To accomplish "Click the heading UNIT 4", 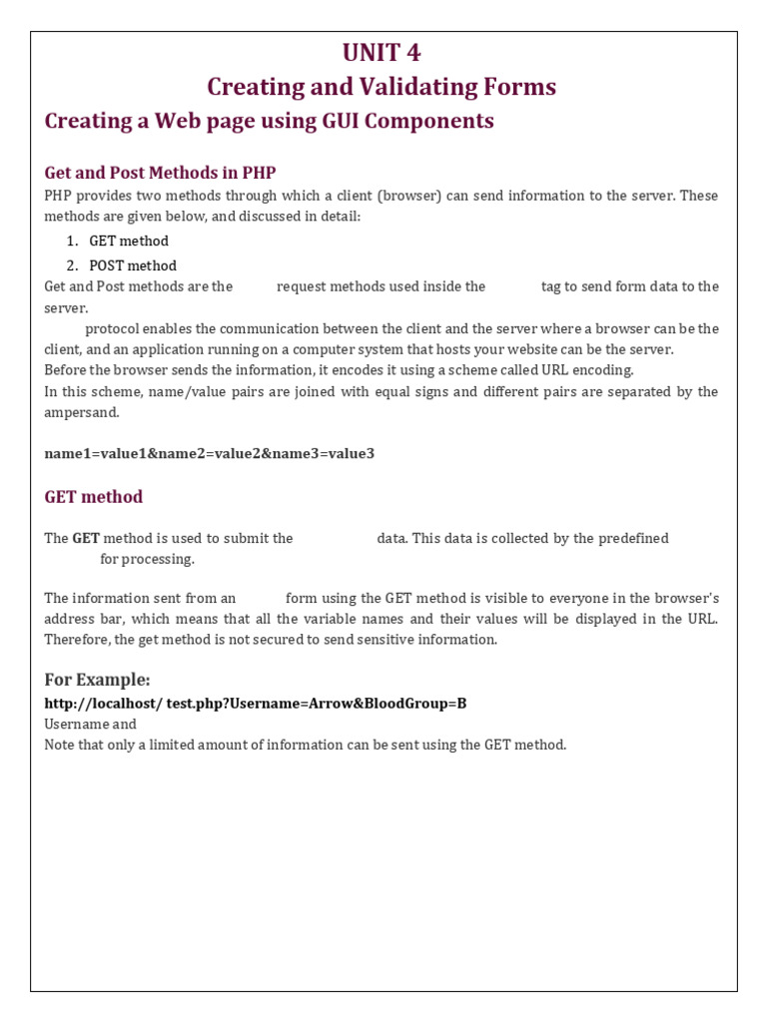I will pos(382,53).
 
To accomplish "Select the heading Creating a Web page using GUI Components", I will pos(270,122).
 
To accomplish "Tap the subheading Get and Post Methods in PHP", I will pos(160,173).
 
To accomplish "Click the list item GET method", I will pos(129,241).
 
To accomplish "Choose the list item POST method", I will pos(133,265).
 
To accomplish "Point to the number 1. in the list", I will pos(72,241).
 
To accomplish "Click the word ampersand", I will pos(81,412).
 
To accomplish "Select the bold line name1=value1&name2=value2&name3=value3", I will pos(210,453).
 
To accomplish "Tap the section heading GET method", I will pos(94,497).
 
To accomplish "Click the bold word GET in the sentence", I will pos(86,538).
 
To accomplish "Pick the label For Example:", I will pos(98,680).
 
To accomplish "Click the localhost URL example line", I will pos(256,704).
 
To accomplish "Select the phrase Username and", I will pos(91,724).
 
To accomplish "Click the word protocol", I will pos(113,328).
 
